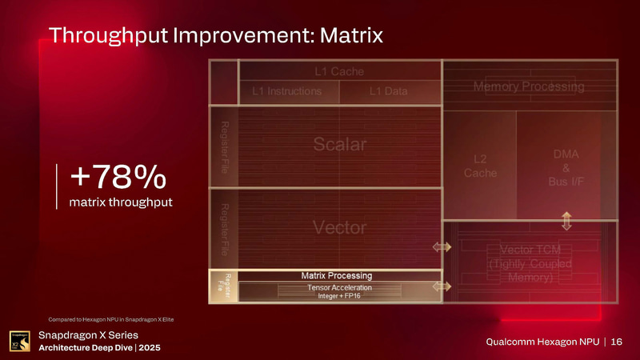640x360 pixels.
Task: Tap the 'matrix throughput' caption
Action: coord(121,201)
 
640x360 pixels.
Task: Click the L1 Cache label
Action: coord(338,71)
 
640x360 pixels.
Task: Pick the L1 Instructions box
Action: coord(286,91)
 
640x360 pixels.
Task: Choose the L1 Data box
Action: coord(390,91)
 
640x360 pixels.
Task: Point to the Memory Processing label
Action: coord(529,86)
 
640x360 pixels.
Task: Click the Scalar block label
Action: coord(339,145)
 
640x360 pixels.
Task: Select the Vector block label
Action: coord(339,227)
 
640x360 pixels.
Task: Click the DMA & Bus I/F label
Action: coord(566,168)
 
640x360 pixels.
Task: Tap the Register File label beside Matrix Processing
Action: coord(223,286)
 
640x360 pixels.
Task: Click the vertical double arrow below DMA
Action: coord(566,219)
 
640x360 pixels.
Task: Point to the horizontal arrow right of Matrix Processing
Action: coord(442,286)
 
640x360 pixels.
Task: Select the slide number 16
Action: coord(616,342)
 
